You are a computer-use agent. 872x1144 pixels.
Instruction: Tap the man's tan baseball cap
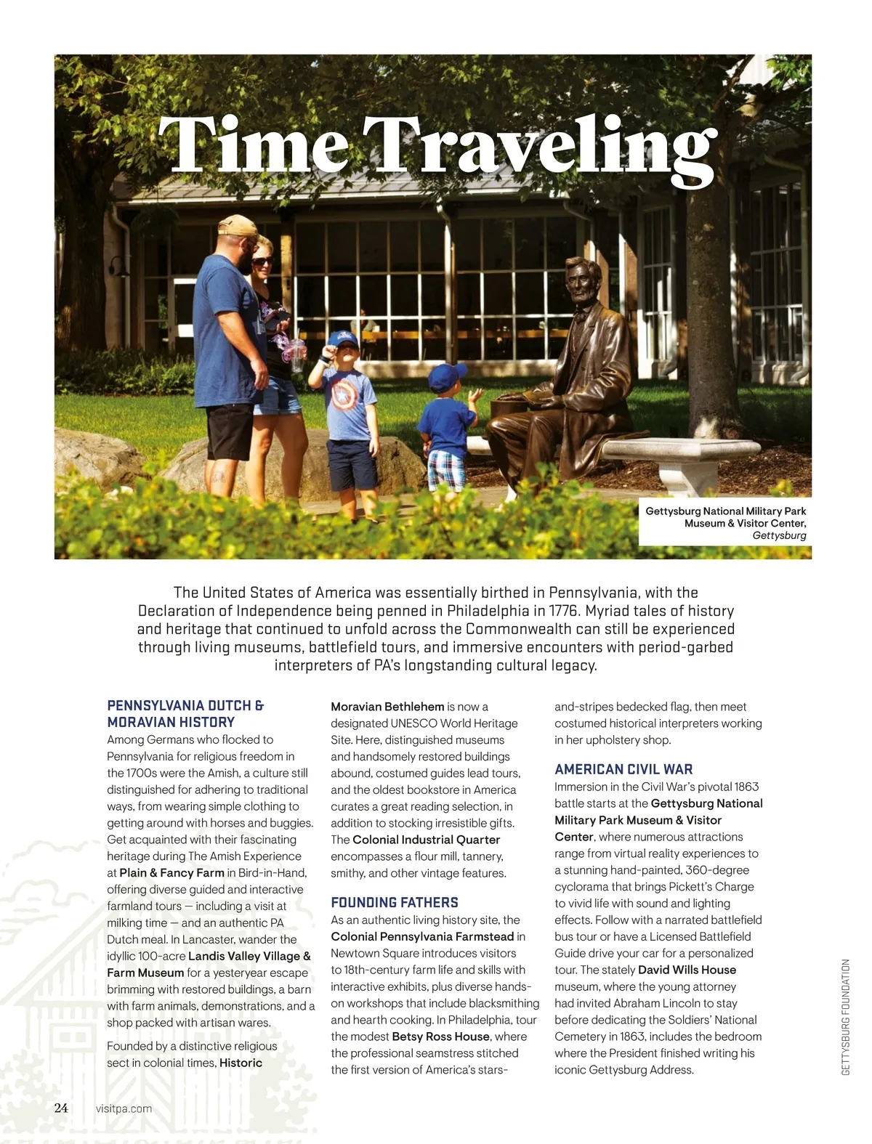coord(238,227)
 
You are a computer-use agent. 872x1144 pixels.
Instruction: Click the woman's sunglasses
coord(263,261)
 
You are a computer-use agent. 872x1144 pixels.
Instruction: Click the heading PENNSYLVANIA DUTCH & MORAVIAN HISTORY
coord(185,713)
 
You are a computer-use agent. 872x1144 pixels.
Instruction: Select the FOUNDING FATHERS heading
coord(395,902)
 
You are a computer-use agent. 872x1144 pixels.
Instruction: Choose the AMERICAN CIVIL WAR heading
coord(623,769)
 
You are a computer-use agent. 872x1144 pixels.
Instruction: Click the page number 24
coord(61,1108)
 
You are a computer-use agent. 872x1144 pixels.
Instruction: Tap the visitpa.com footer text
coord(124,1108)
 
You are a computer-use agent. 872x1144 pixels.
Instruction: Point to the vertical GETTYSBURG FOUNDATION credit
coord(845,1017)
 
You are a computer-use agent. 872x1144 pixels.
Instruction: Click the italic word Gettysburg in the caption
coord(779,535)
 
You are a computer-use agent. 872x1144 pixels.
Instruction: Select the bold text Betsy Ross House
coord(440,1037)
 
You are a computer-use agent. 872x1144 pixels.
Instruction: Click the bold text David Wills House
coord(687,970)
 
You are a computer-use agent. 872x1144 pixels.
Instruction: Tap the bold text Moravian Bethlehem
coord(387,707)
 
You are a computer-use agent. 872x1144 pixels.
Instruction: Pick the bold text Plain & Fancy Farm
coord(171,872)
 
